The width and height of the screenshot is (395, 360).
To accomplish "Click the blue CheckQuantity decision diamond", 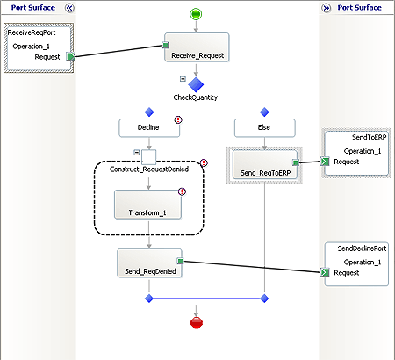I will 195,84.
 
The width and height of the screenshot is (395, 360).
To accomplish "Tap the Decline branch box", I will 148,128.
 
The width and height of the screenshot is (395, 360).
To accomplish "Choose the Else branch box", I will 264,128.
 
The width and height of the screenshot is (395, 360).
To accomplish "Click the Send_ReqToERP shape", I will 264,163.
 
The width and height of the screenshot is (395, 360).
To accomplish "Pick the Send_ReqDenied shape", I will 148,263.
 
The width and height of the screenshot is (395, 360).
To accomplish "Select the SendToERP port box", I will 355,150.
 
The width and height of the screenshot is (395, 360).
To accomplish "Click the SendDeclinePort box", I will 355,263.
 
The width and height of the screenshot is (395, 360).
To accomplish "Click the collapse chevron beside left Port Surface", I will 70,7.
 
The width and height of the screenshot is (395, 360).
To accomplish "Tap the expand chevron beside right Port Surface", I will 326,7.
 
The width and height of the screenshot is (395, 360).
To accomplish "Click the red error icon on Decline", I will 179,120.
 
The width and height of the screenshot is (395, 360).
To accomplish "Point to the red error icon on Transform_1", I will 183,191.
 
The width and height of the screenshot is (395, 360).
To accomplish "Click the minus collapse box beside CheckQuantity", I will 182,78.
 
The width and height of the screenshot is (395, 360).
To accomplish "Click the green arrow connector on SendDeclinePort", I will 325,273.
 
